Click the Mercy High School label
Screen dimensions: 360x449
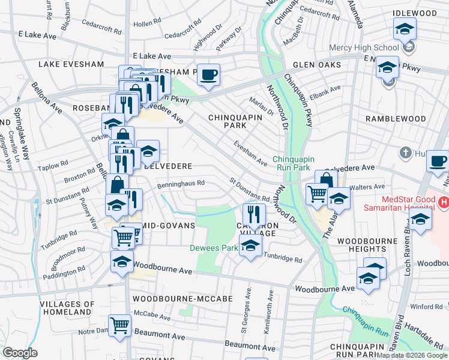tap(364, 47)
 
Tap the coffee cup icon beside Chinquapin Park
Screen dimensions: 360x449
tap(208, 74)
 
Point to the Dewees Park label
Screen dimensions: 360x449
tap(213, 248)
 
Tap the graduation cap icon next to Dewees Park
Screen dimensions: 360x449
tap(250, 244)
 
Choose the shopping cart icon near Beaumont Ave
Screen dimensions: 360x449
tap(120, 325)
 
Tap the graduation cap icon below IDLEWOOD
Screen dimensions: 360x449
tap(405, 28)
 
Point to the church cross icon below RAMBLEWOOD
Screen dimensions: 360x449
tap(406, 154)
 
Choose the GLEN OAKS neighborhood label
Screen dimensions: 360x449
tap(317, 65)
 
